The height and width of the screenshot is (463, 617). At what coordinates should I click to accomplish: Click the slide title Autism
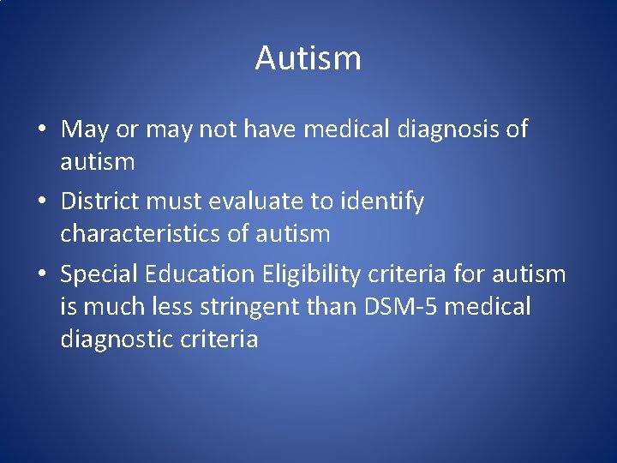pos(308,59)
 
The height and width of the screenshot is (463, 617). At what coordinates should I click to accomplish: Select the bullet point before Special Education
pos(41,275)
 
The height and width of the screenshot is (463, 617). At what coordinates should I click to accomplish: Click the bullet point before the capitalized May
pos(41,130)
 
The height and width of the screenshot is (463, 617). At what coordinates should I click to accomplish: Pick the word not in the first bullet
pos(219,130)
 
